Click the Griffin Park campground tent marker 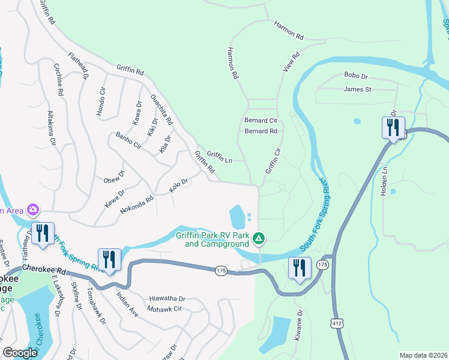pyautogui.click(x=259, y=239)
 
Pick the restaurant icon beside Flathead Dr pyautogui.click(x=43, y=234)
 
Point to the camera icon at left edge pyautogui.click(x=32, y=210)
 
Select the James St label pyautogui.click(x=358, y=89)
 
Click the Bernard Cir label pyautogui.click(x=261, y=121)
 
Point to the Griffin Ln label pyautogui.click(x=220, y=157)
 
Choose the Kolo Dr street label pyautogui.click(x=179, y=185)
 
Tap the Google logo pyautogui.click(x=20, y=353)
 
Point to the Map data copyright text pyautogui.click(x=423, y=355)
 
